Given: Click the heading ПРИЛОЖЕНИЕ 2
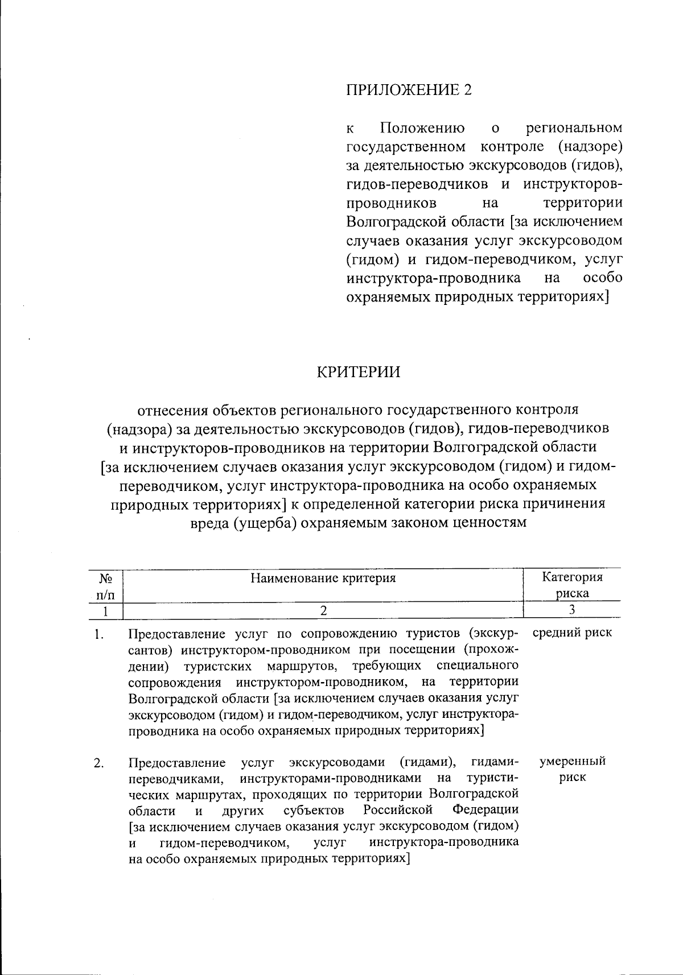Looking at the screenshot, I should [409, 90].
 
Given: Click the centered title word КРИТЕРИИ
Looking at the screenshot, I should [358, 373].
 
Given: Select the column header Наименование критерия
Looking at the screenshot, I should [323, 578].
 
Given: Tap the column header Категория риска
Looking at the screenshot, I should [572, 585].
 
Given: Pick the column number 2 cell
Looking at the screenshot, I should [323, 610].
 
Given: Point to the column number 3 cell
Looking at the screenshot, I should [572, 610].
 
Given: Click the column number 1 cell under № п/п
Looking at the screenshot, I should [105, 611].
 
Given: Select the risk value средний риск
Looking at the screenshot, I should [572, 633].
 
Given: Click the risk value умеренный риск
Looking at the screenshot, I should [572, 769].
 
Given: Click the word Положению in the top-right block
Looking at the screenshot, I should [422, 127].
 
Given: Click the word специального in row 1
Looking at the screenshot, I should [477, 666].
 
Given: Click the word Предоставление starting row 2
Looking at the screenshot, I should [177, 762].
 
